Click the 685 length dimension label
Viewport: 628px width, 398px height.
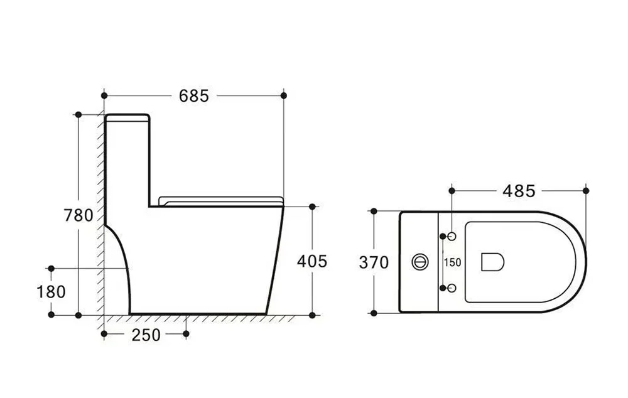point(194,95)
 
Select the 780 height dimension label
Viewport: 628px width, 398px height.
point(78,215)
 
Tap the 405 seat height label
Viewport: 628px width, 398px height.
point(312,262)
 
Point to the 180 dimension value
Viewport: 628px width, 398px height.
point(51,292)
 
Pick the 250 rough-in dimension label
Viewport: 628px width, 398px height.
point(146,335)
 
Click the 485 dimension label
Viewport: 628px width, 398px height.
point(519,191)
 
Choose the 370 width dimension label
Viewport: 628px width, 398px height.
point(374,262)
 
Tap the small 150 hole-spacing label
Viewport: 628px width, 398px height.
point(453,262)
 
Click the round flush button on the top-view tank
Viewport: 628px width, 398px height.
point(420,262)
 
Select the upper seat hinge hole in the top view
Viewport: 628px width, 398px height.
point(452,237)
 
